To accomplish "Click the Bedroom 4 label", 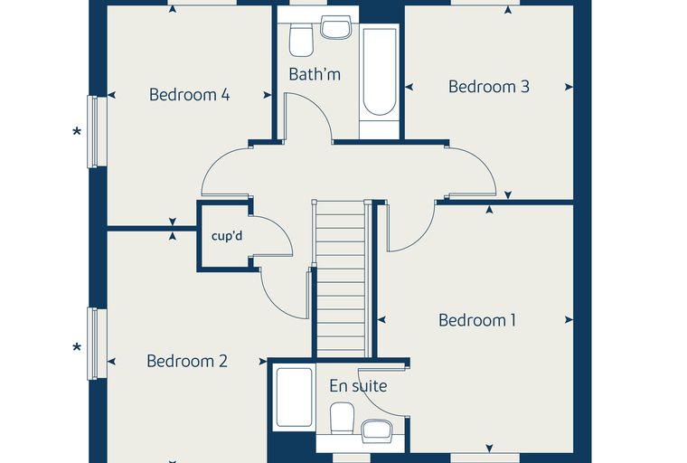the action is point(189,95).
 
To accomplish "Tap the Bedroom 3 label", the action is point(488,87).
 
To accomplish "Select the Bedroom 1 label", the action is point(477,320).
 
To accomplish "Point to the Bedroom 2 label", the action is point(187,362).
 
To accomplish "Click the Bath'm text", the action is point(315,74).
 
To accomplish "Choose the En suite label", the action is point(358,386).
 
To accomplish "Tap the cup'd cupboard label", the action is point(227,236).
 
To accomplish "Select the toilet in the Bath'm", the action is point(301,41).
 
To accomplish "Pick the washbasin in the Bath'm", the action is point(335,27).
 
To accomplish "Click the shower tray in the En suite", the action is point(295,398).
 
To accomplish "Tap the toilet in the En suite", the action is point(343,419).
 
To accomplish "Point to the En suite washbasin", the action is point(377,430).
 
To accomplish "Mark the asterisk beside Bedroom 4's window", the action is point(77,131).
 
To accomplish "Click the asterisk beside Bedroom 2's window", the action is point(77,348).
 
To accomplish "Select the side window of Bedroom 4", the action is point(97,131).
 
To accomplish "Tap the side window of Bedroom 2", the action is point(97,344).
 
